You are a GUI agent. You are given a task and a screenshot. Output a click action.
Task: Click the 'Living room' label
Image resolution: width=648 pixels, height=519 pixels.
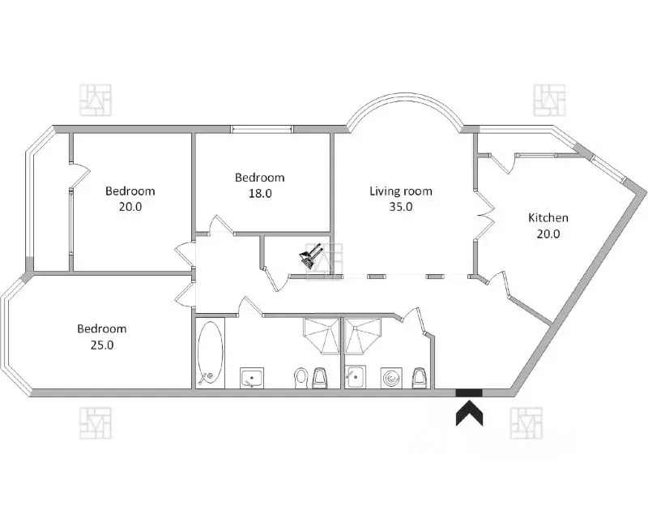pyautogui.click(x=401, y=191)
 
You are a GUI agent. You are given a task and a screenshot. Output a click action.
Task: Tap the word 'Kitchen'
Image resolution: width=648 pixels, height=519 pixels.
pyautogui.click(x=548, y=217)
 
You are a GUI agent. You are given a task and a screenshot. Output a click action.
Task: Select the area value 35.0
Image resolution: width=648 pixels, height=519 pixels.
pyautogui.click(x=401, y=207)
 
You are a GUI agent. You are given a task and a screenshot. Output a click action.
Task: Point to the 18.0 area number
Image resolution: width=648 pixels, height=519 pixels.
pyautogui.click(x=259, y=193)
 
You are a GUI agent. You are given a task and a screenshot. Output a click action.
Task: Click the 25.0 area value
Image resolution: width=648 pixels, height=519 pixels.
pyautogui.click(x=101, y=344)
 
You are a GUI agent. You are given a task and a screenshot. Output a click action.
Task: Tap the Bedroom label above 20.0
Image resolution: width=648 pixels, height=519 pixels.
pyautogui.click(x=130, y=191)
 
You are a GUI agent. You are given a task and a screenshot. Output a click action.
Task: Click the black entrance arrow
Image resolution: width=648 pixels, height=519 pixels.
pyautogui.click(x=469, y=414)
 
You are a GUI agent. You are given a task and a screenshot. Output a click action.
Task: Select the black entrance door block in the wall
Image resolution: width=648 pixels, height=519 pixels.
pyautogui.click(x=469, y=393)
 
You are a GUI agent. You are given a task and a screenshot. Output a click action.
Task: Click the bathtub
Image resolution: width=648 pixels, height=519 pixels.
pyautogui.click(x=209, y=354)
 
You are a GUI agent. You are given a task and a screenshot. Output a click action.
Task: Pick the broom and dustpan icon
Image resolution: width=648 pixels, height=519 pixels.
pyautogui.click(x=312, y=257)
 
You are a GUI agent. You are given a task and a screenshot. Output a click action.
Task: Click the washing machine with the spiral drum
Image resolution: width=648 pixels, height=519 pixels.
pyautogui.click(x=393, y=377)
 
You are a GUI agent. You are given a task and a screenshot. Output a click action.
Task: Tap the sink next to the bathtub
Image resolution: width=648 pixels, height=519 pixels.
pyautogui.click(x=253, y=377)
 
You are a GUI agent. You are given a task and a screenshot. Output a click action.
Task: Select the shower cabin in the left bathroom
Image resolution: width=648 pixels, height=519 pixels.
pyautogui.click(x=322, y=336)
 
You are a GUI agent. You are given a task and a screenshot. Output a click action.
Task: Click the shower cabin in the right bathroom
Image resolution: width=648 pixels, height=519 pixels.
pyautogui.click(x=363, y=336)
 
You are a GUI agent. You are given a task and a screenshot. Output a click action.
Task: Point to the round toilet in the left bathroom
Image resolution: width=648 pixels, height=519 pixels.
pyautogui.click(x=301, y=377)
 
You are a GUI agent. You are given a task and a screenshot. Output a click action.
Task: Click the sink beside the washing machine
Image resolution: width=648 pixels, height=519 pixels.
pyautogui.click(x=356, y=377)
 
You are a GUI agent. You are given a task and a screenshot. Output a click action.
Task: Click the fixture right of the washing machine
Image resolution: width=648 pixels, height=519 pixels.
pyautogui.click(x=420, y=377)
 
